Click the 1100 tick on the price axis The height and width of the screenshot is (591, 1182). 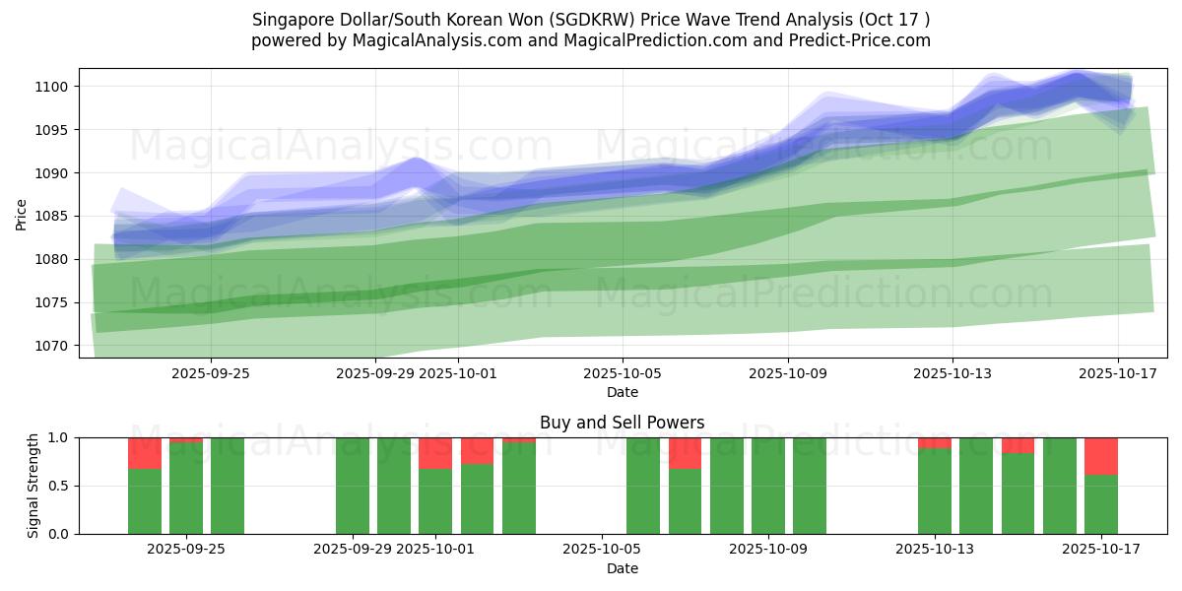(52, 87)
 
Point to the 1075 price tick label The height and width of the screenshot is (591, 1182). (52, 302)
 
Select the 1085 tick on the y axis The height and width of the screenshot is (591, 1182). (52, 216)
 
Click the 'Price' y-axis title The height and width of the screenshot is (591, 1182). (22, 215)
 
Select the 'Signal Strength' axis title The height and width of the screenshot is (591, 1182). (33, 486)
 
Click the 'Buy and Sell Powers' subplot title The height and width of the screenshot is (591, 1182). (622, 423)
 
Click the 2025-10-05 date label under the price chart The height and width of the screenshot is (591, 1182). (622, 373)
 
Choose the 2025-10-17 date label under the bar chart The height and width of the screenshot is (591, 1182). (1101, 549)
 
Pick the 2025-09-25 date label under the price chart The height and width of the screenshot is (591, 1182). (211, 373)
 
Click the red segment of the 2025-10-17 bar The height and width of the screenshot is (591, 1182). (1101, 456)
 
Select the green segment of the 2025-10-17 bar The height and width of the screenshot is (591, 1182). (1101, 504)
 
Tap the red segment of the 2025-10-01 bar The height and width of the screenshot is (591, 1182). (435, 453)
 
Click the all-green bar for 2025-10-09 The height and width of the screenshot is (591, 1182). (767, 486)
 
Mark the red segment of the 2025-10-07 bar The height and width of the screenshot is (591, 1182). (685, 453)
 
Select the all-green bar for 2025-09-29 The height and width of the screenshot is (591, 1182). (353, 486)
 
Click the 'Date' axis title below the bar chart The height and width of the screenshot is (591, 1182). (622, 568)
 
